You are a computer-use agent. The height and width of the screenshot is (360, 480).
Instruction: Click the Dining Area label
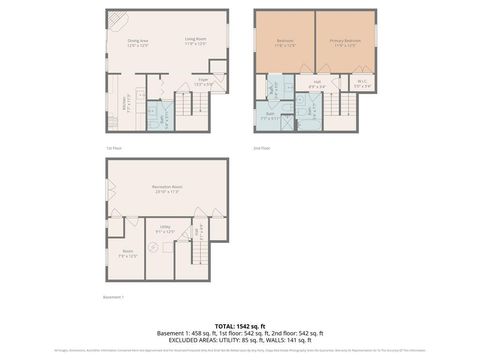[x=138, y=42]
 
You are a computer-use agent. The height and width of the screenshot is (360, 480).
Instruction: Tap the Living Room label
[x=195, y=42]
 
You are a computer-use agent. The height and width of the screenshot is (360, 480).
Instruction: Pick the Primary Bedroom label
[x=345, y=42]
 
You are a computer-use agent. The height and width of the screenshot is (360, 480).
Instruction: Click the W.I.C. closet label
[x=363, y=85]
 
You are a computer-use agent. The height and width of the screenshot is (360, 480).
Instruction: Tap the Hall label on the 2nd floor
[x=316, y=85]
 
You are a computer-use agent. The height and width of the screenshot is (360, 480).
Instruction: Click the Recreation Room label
[x=166, y=190]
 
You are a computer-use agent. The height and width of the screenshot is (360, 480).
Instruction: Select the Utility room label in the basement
[x=165, y=230]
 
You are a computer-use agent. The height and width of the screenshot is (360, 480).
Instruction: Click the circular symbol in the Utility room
[x=153, y=246]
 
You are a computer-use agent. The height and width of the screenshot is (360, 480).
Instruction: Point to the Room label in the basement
[x=128, y=253]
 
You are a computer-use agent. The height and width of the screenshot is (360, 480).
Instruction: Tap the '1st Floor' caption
[x=115, y=148]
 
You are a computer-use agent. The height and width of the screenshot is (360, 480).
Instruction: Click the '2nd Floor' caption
[x=262, y=148]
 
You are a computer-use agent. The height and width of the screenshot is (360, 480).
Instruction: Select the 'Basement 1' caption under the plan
[x=114, y=297]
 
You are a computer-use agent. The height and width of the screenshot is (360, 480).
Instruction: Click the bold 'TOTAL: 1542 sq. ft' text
[x=240, y=326]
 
